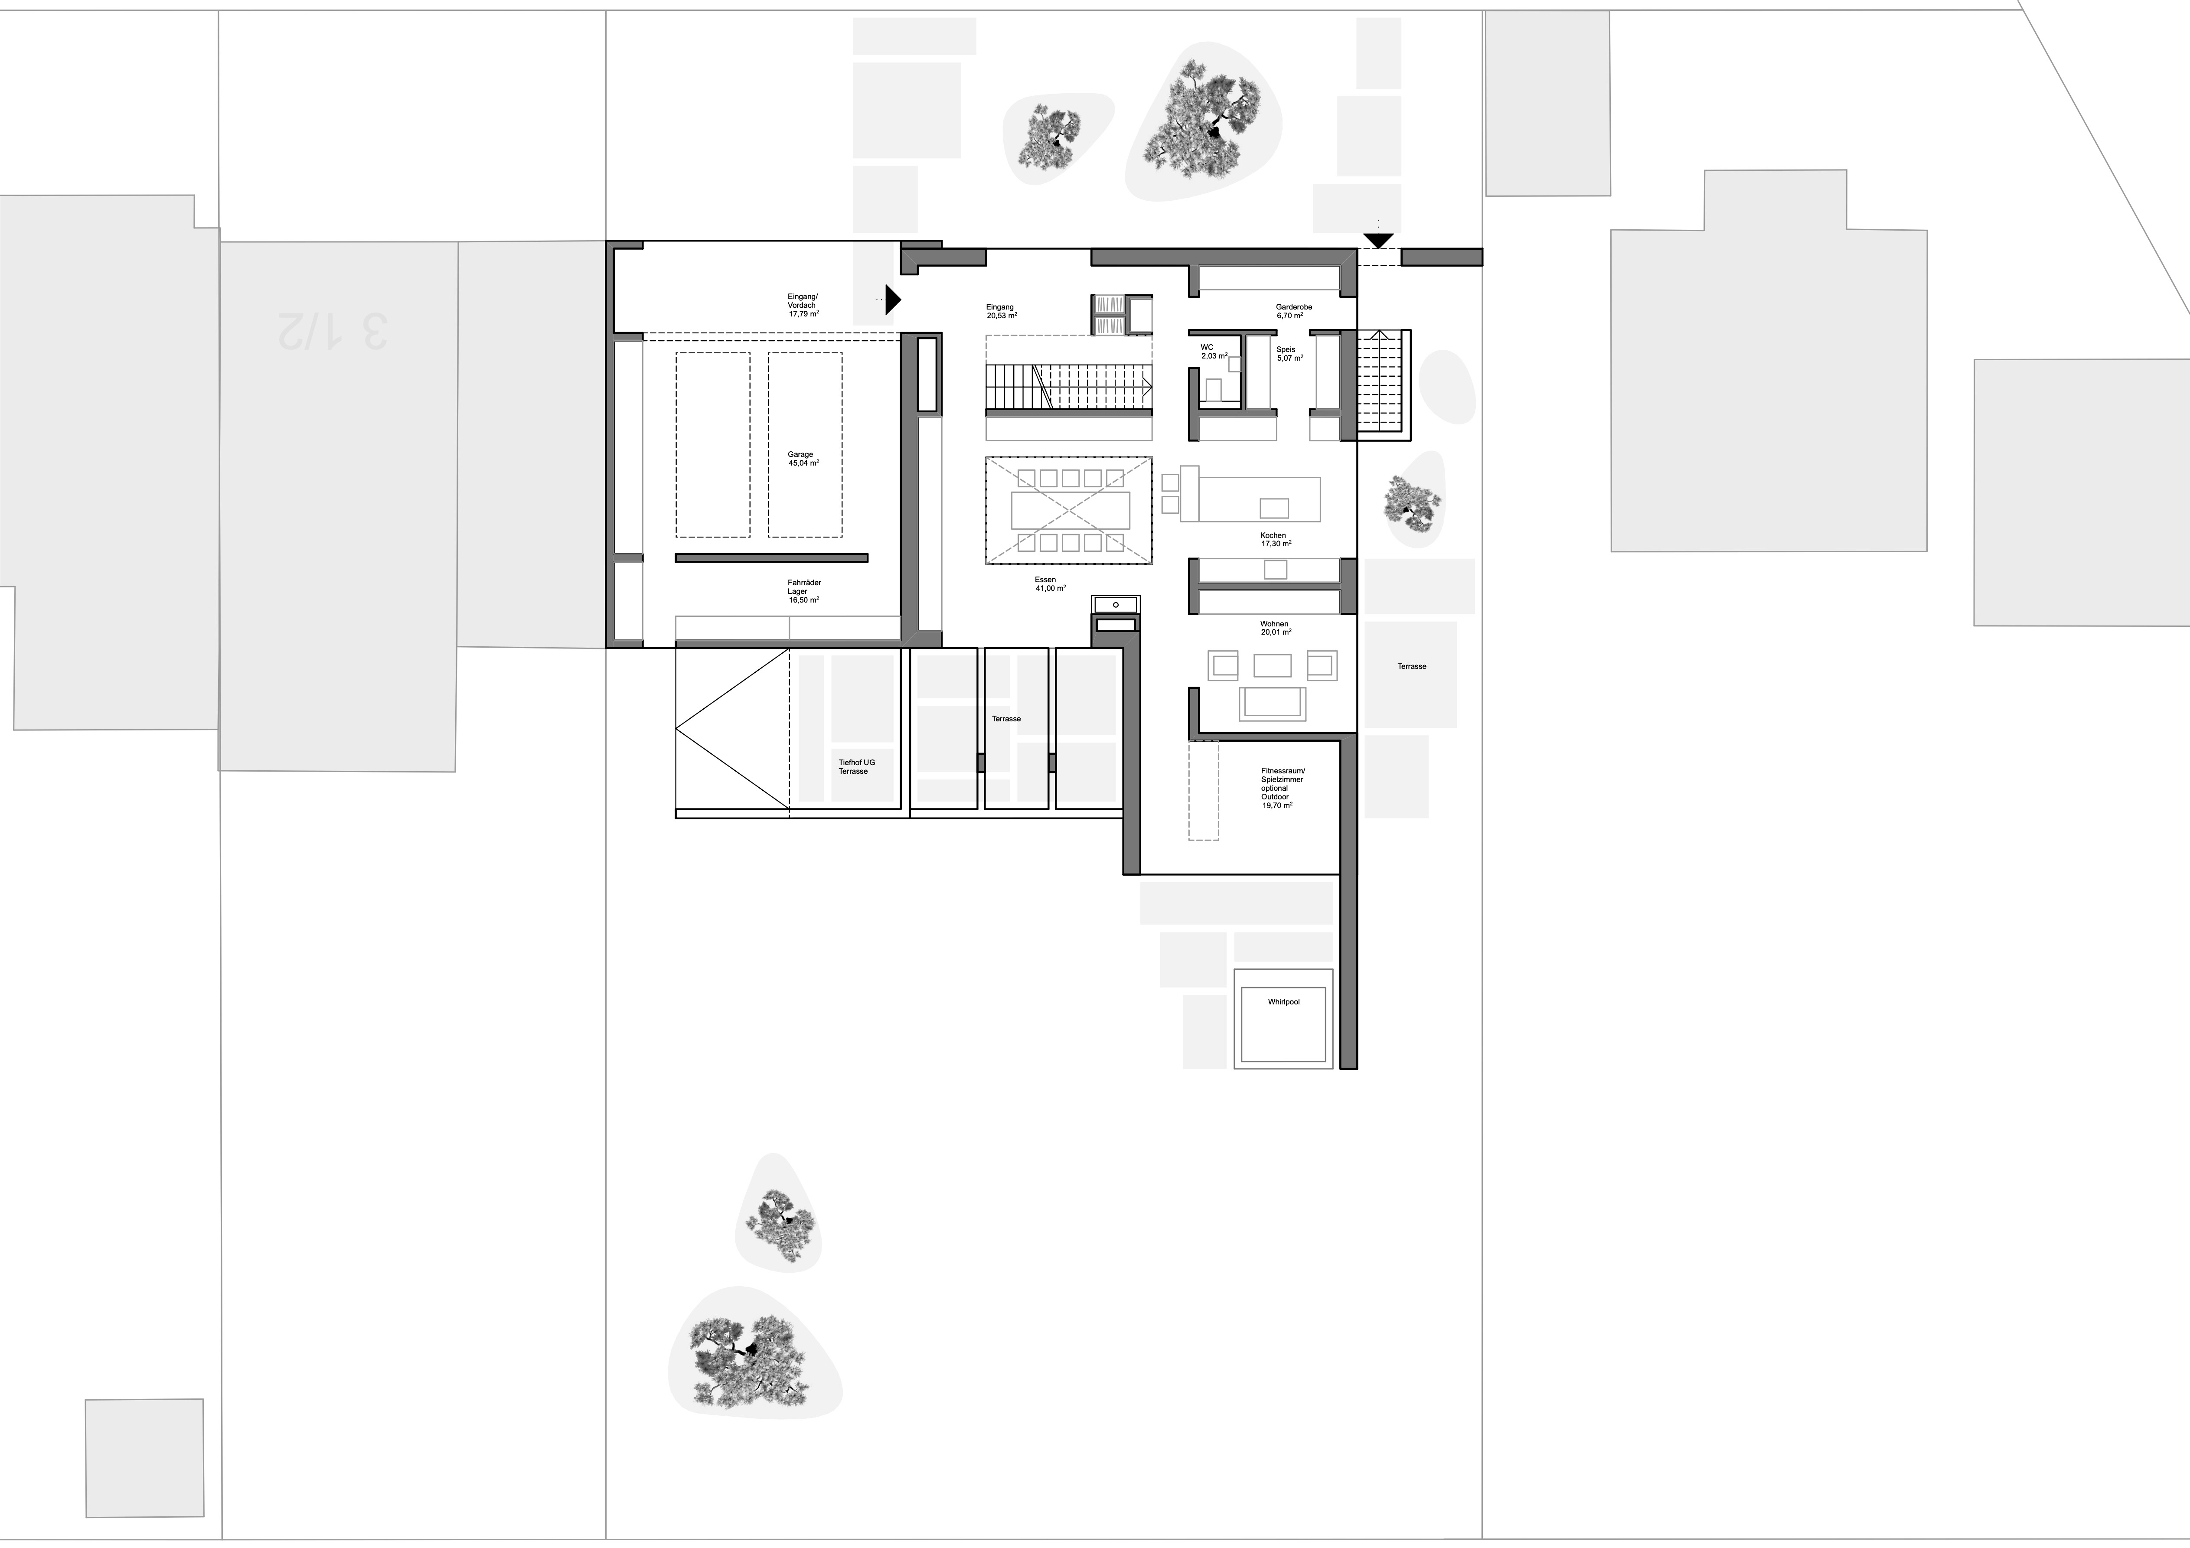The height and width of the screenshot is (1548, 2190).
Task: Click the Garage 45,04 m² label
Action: point(802,459)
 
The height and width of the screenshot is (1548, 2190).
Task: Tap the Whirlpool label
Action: point(1283,1002)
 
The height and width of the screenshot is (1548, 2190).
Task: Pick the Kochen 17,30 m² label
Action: point(1273,540)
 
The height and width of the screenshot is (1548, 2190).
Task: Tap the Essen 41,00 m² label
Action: point(1049,584)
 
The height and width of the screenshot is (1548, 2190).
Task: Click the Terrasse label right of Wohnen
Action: point(1412,667)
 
